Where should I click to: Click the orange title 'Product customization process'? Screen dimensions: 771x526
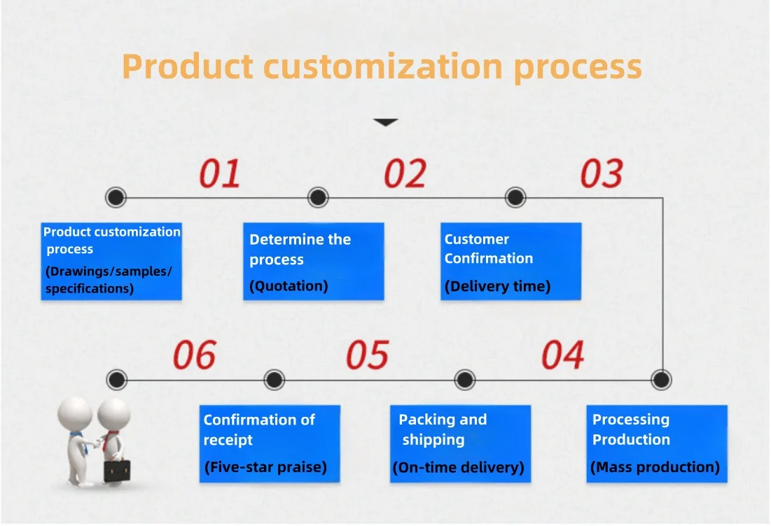tap(382, 66)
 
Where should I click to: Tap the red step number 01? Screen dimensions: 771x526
tap(220, 173)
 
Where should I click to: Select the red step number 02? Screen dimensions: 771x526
tap(405, 173)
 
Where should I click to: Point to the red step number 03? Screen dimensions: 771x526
tap(602, 173)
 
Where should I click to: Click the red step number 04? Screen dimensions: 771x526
tap(563, 355)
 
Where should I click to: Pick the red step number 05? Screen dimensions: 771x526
tap(368, 355)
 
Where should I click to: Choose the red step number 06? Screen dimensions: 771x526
tap(194, 355)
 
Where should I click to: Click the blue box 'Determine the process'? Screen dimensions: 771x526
tap(314, 262)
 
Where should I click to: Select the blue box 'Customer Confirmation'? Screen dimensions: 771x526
tap(511, 262)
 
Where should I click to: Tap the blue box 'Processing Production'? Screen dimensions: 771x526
tap(657, 443)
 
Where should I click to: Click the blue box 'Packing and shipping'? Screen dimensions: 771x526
tap(460, 443)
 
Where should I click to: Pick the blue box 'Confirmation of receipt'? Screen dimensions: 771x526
tap(270, 443)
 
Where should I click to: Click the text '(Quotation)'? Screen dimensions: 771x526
tap(289, 286)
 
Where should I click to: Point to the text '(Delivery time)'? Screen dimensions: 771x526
tap(498, 286)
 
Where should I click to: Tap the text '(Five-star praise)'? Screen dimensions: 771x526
tap(265, 467)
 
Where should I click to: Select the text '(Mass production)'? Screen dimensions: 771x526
tap(655, 467)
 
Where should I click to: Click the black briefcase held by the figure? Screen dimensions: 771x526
tap(117, 470)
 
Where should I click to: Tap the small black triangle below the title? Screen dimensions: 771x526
tap(385, 122)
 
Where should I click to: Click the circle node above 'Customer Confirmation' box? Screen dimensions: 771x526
tap(515, 197)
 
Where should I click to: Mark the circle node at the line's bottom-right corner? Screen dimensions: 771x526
tap(661, 380)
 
